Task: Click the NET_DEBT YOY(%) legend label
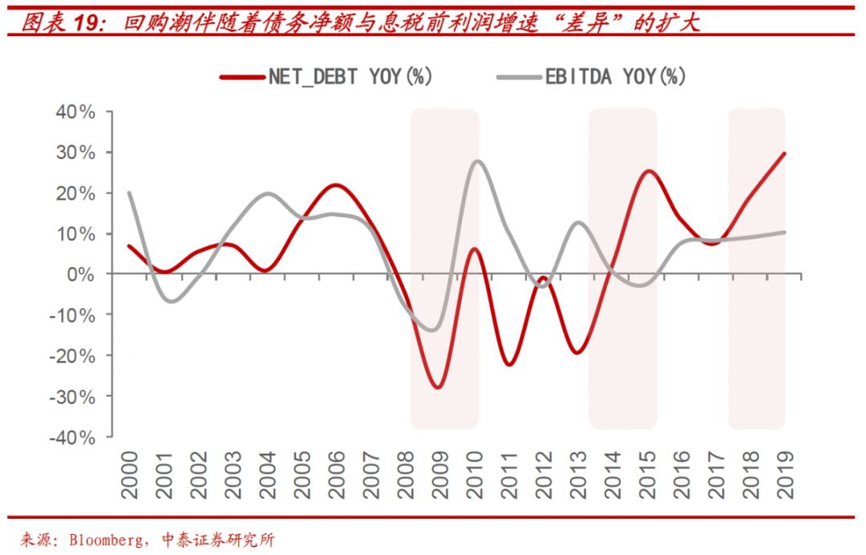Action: tap(351, 77)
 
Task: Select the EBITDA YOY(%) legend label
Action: tap(616, 77)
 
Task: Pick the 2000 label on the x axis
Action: tap(129, 475)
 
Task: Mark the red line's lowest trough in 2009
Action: tap(438, 387)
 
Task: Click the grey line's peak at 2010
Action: tap(477, 161)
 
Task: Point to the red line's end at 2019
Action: tap(784, 153)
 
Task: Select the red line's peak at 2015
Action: tap(649, 171)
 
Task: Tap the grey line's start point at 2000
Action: tap(129, 192)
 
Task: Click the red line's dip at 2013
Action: tap(577, 352)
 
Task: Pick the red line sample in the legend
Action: tap(241, 77)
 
